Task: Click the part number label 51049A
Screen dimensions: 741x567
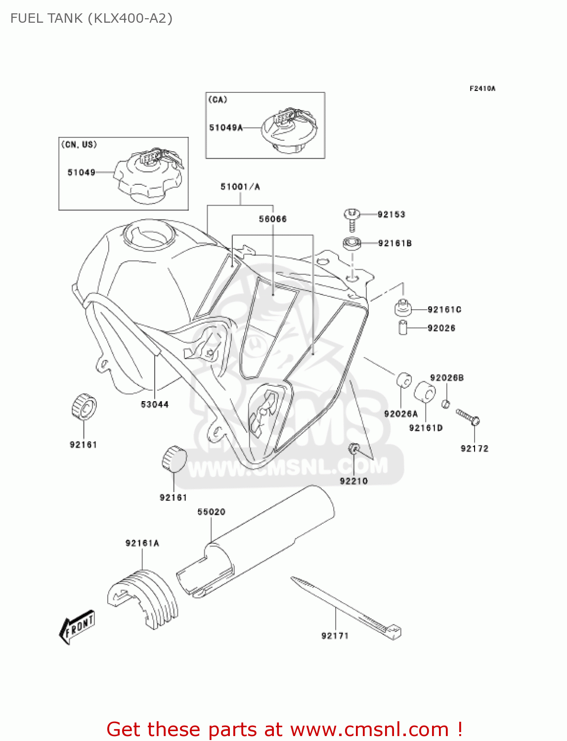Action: click(226, 127)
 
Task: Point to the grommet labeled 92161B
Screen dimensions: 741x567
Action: click(352, 244)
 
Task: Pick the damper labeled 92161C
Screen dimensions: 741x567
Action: click(403, 308)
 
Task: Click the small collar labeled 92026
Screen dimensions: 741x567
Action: click(403, 328)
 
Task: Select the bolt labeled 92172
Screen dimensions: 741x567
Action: click(468, 416)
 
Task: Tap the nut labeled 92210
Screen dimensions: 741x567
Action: click(353, 449)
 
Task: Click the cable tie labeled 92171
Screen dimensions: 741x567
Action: click(346, 607)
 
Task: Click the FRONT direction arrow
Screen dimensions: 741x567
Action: click(77, 627)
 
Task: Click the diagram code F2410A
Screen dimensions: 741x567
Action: click(482, 89)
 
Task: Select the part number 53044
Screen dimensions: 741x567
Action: click(155, 404)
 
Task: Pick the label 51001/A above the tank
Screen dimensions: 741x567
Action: click(240, 187)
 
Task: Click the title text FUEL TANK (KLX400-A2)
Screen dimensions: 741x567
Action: click(91, 18)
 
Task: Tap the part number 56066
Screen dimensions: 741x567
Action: click(273, 219)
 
